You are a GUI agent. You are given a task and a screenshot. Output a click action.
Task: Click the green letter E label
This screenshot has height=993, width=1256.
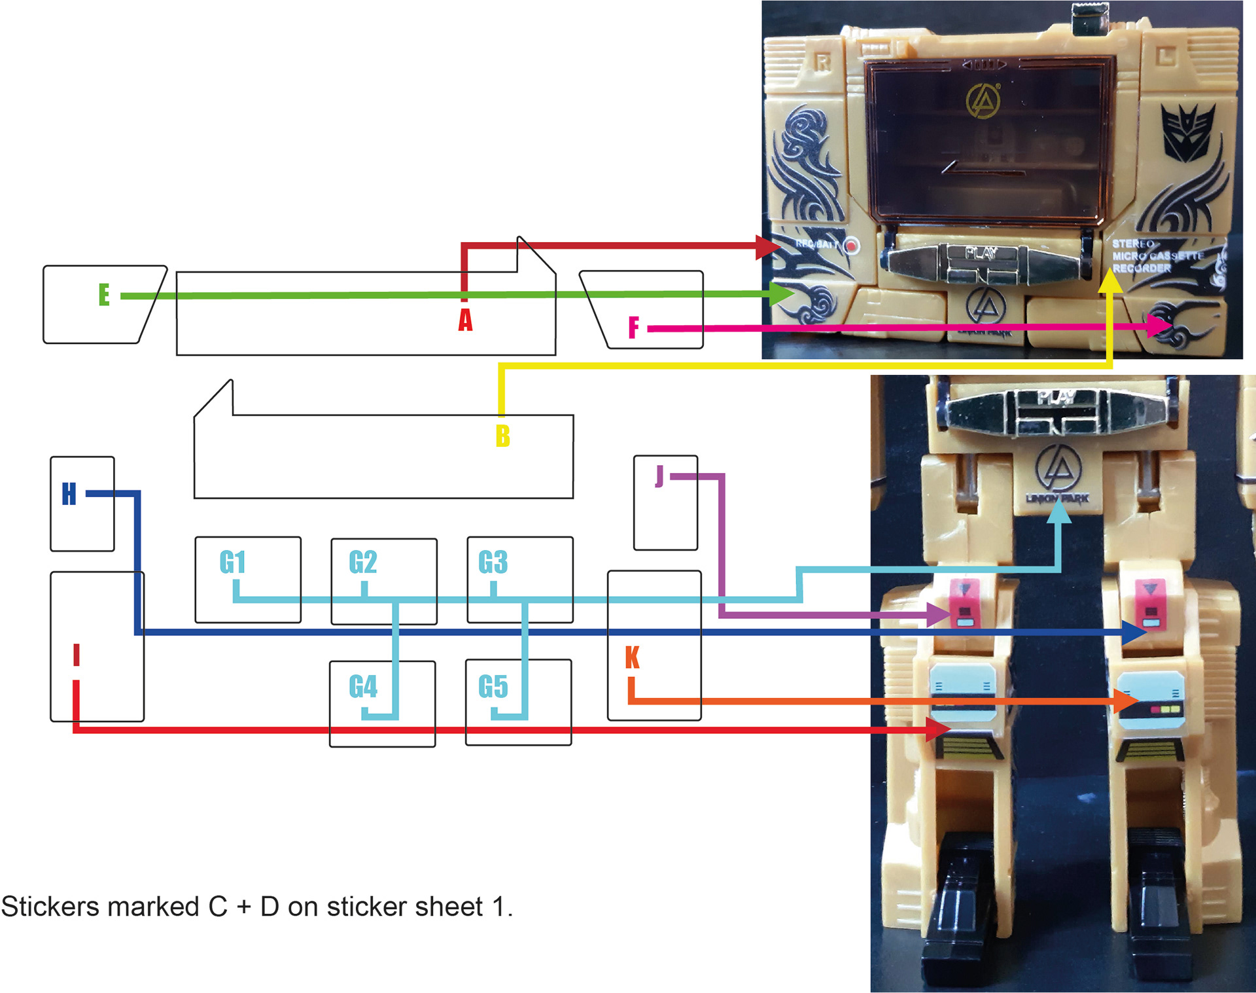pyautogui.click(x=104, y=294)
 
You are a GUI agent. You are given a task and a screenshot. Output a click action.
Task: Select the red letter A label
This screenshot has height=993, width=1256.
pyautogui.click(x=465, y=320)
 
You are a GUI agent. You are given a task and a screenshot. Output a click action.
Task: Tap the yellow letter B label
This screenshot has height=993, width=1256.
pyautogui.click(x=502, y=436)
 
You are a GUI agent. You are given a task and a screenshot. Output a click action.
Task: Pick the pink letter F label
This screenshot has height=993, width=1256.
pyautogui.click(x=633, y=327)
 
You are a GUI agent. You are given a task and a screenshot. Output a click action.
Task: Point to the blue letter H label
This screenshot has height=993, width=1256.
pyautogui.click(x=69, y=494)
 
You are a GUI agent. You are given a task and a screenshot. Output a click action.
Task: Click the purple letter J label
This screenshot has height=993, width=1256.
pyautogui.click(x=659, y=476)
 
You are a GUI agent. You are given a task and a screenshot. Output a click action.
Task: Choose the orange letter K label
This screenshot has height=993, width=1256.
pyautogui.click(x=632, y=657)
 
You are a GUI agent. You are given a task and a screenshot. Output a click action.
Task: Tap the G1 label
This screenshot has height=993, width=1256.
pyautogui.click(x=232, y=562)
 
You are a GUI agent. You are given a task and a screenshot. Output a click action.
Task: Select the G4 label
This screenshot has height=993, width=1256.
pyautogui.click(x=363, y=686)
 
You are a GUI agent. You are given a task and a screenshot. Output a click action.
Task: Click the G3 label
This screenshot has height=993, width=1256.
pyautogui.click(x=493, y=562)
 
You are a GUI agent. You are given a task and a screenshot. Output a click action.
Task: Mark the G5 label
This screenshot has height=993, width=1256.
pyautogui.click(x=493, y=686)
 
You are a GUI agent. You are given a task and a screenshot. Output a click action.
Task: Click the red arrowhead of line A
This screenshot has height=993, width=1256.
pyautogui.click(x=768, y=247)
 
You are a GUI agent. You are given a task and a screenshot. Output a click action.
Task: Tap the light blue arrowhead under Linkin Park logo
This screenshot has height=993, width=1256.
pyautogui.click(x=1059, y=512)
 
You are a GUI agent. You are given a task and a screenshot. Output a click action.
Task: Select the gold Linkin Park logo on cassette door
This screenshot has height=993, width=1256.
pyautogui.click(x=983, y=101)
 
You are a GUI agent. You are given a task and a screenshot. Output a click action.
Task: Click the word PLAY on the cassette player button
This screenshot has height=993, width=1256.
pyautogui.click(x=981, y=253)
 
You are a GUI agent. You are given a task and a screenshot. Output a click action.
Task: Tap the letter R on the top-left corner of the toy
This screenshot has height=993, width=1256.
pyautogui.click(x=822, y=62)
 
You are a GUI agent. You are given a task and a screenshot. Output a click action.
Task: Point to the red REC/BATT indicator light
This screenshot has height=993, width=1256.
pyautogui.click(x=851, y=245)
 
